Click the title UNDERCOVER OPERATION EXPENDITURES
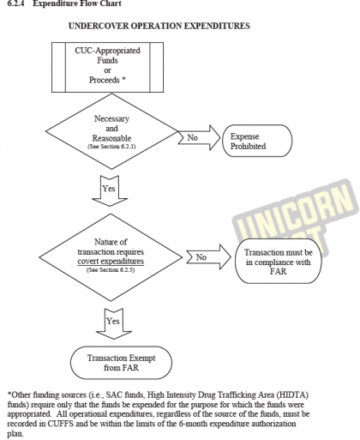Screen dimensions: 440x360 [159, 27]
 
